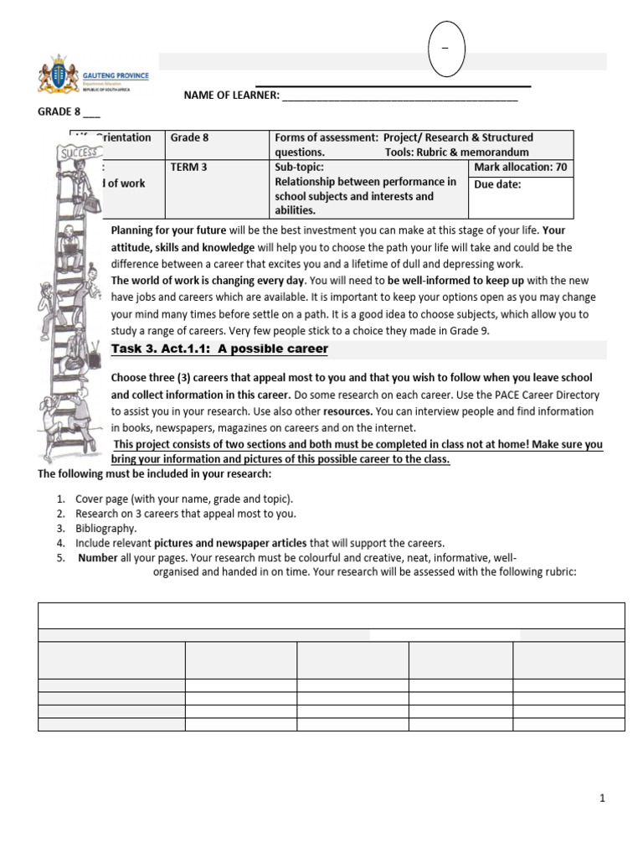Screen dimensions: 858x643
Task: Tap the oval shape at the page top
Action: [x=446, y=49]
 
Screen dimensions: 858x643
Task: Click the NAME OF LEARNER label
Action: [x=231, y=96]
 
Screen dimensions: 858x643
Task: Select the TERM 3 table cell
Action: [x=189, y=167]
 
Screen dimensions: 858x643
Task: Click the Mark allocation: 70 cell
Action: [x=520, y=167]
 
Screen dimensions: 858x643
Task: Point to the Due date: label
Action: [x=497, y=184]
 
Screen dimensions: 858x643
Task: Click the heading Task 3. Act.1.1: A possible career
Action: [x=220, y=349]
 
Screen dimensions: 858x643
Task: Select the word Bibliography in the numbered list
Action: [x=106, y=529]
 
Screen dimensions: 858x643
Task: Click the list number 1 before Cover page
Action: [x=60, y=499]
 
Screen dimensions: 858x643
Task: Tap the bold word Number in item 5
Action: [x=97, y=558]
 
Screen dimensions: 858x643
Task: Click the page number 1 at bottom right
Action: [x=602, y=799]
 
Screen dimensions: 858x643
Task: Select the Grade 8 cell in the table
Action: [x=189, y=137]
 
